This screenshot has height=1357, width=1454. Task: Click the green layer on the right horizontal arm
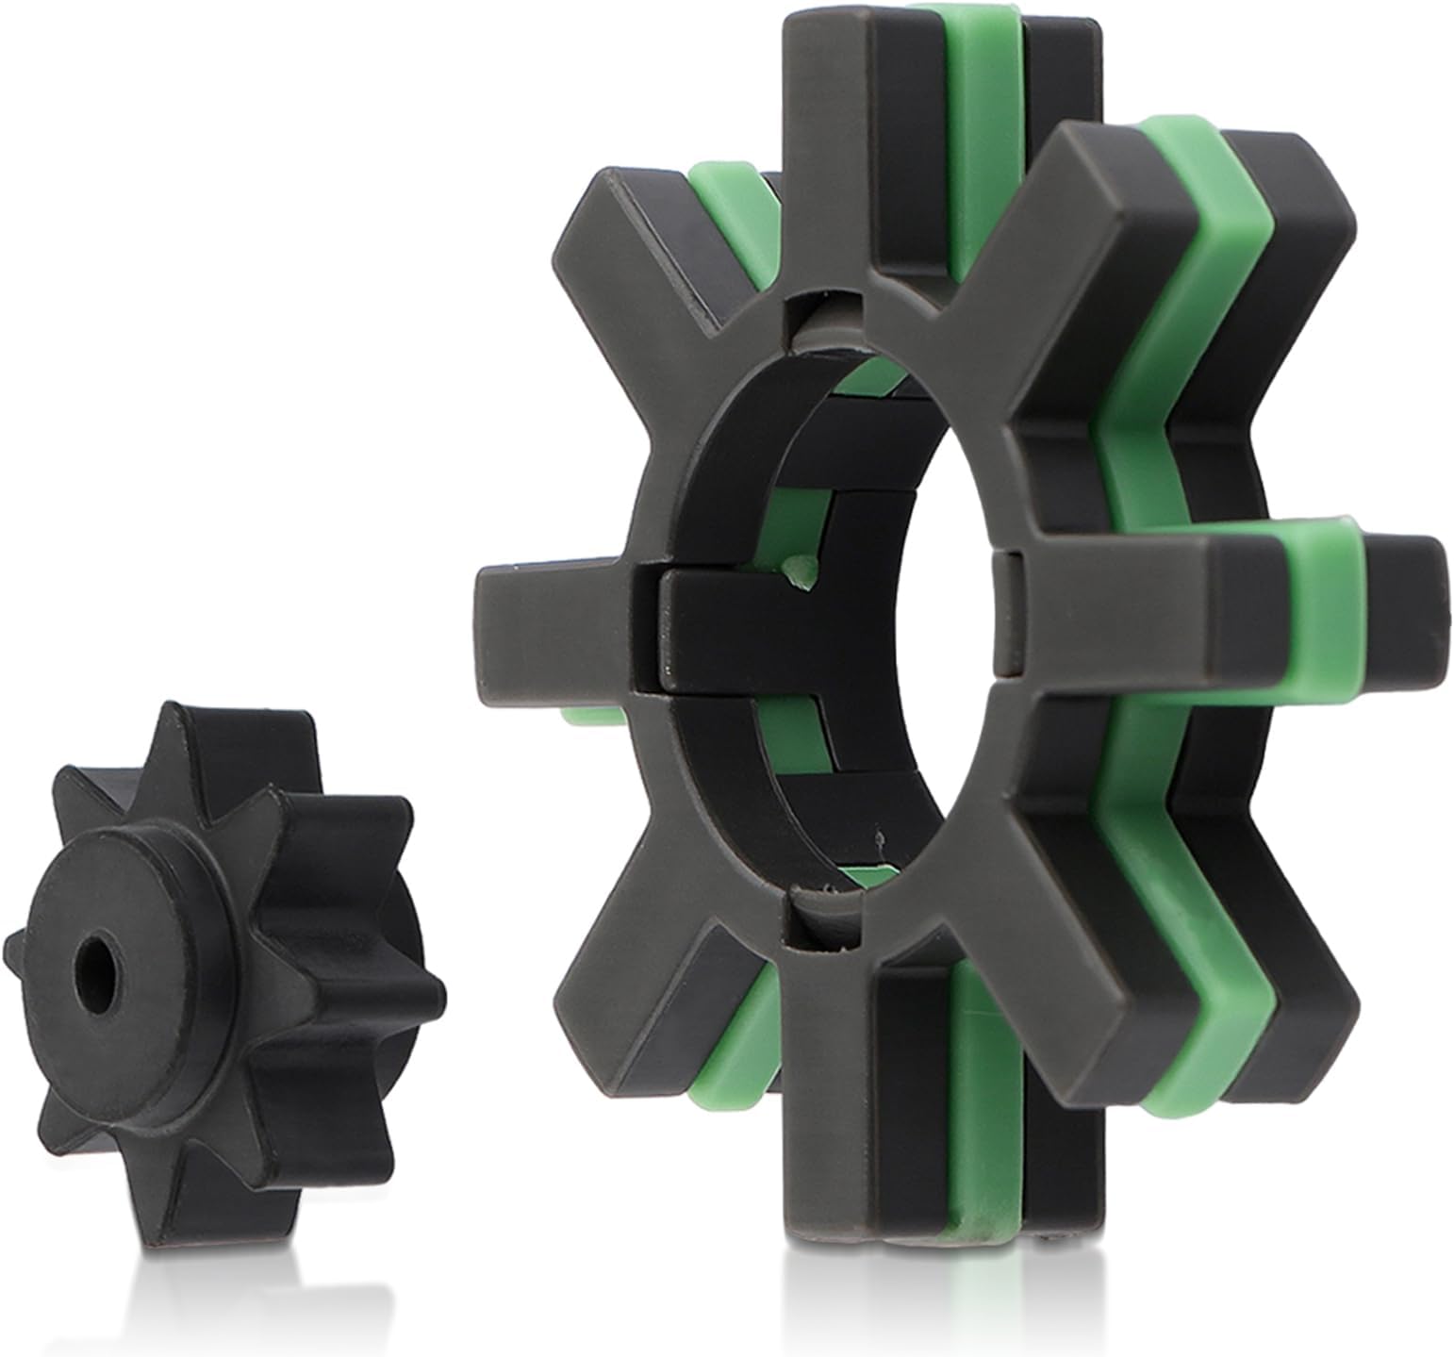point(1320,604)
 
